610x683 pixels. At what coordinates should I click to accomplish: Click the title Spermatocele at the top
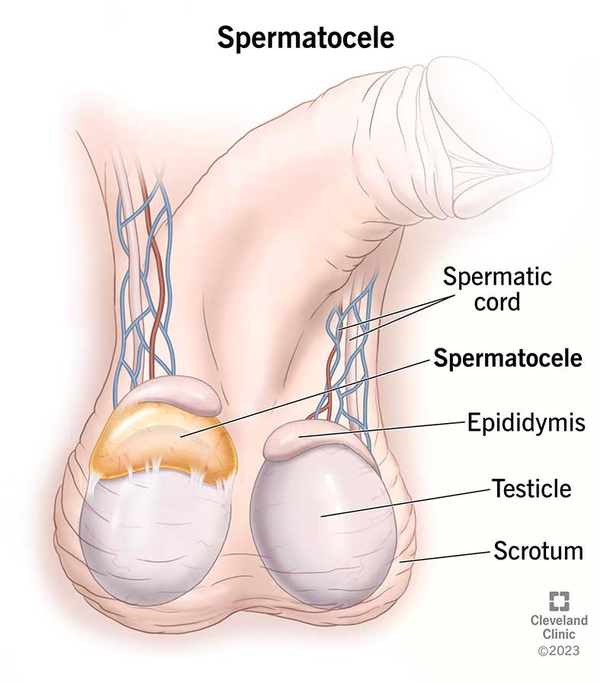tap(305, 37)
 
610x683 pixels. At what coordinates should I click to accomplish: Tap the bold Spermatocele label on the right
tap(508, 359)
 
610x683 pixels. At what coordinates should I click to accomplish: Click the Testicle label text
tap(531, 487)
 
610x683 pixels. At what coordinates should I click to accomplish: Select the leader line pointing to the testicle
tap(404, 502)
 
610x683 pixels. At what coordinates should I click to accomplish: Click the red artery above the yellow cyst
tap(159, 305)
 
